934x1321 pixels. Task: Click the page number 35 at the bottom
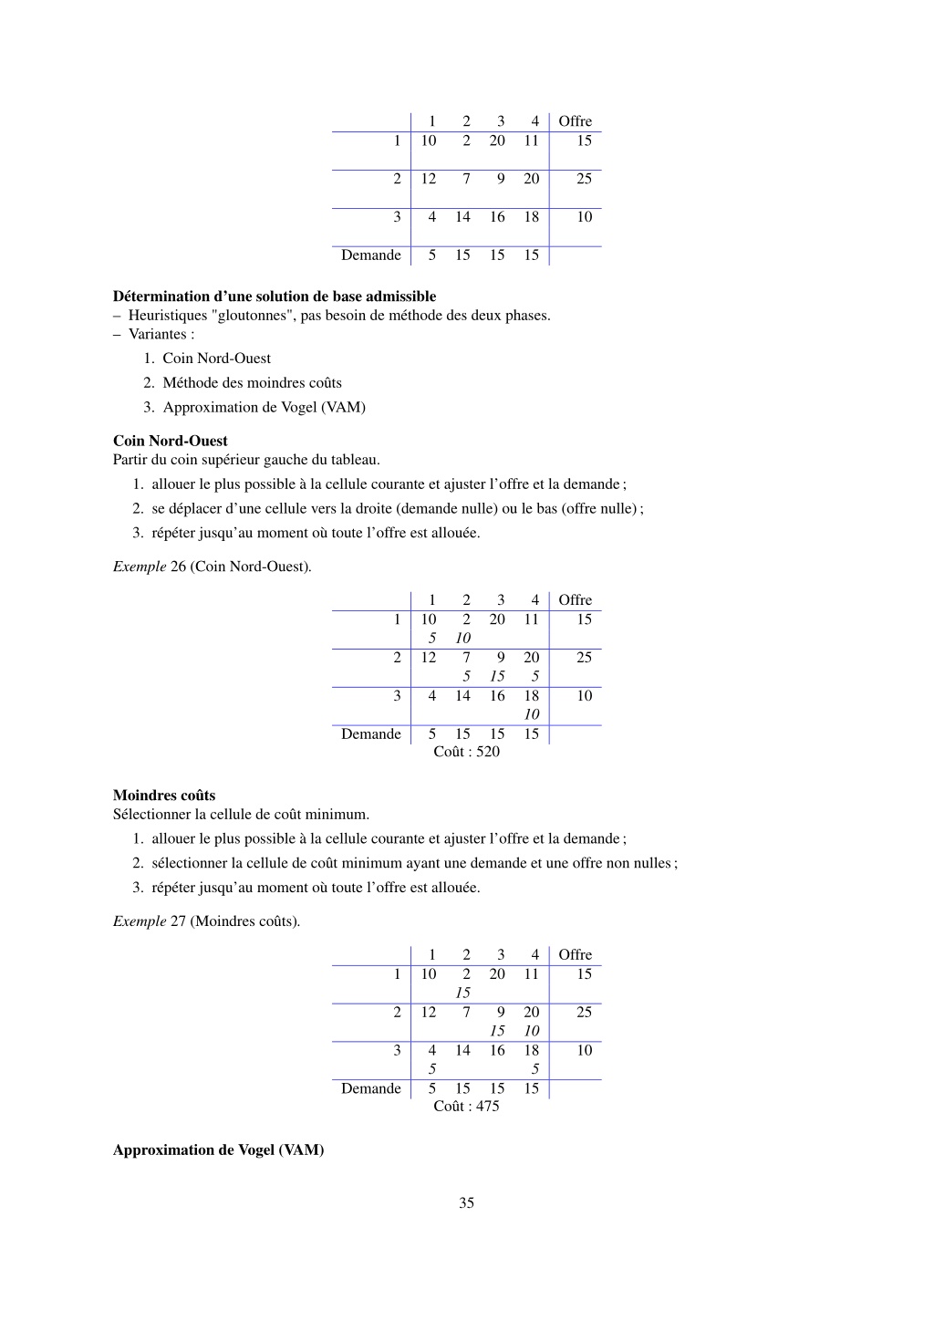tap(466, 1202)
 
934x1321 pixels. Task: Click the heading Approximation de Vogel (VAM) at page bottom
tap(218, 1149)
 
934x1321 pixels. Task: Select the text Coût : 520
tap(466, 752)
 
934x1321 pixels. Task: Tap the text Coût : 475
tap(466, 1106)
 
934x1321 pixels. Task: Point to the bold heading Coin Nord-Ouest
tap(170, 441)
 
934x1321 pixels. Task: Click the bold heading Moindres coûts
tap(164, 795)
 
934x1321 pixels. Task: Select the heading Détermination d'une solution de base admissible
tap(274, 296)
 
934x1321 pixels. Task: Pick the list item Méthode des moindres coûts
tap(252, 383)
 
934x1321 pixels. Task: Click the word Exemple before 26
tap(140, 567)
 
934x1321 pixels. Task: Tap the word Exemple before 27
tap(140, 921)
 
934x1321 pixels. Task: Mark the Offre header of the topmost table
tap(575, 121)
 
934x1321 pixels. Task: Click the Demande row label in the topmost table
tap(370, 255)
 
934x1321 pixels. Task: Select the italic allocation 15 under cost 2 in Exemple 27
tap(462, 993)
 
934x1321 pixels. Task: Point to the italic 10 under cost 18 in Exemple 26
tap(531, 714)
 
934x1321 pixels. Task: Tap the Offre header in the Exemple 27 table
tap(575, 955)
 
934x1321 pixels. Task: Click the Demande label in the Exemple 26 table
tap(370, 734)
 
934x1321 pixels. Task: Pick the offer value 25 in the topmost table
tap(584, 179)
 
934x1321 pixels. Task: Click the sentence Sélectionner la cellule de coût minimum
tap(241, 814)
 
